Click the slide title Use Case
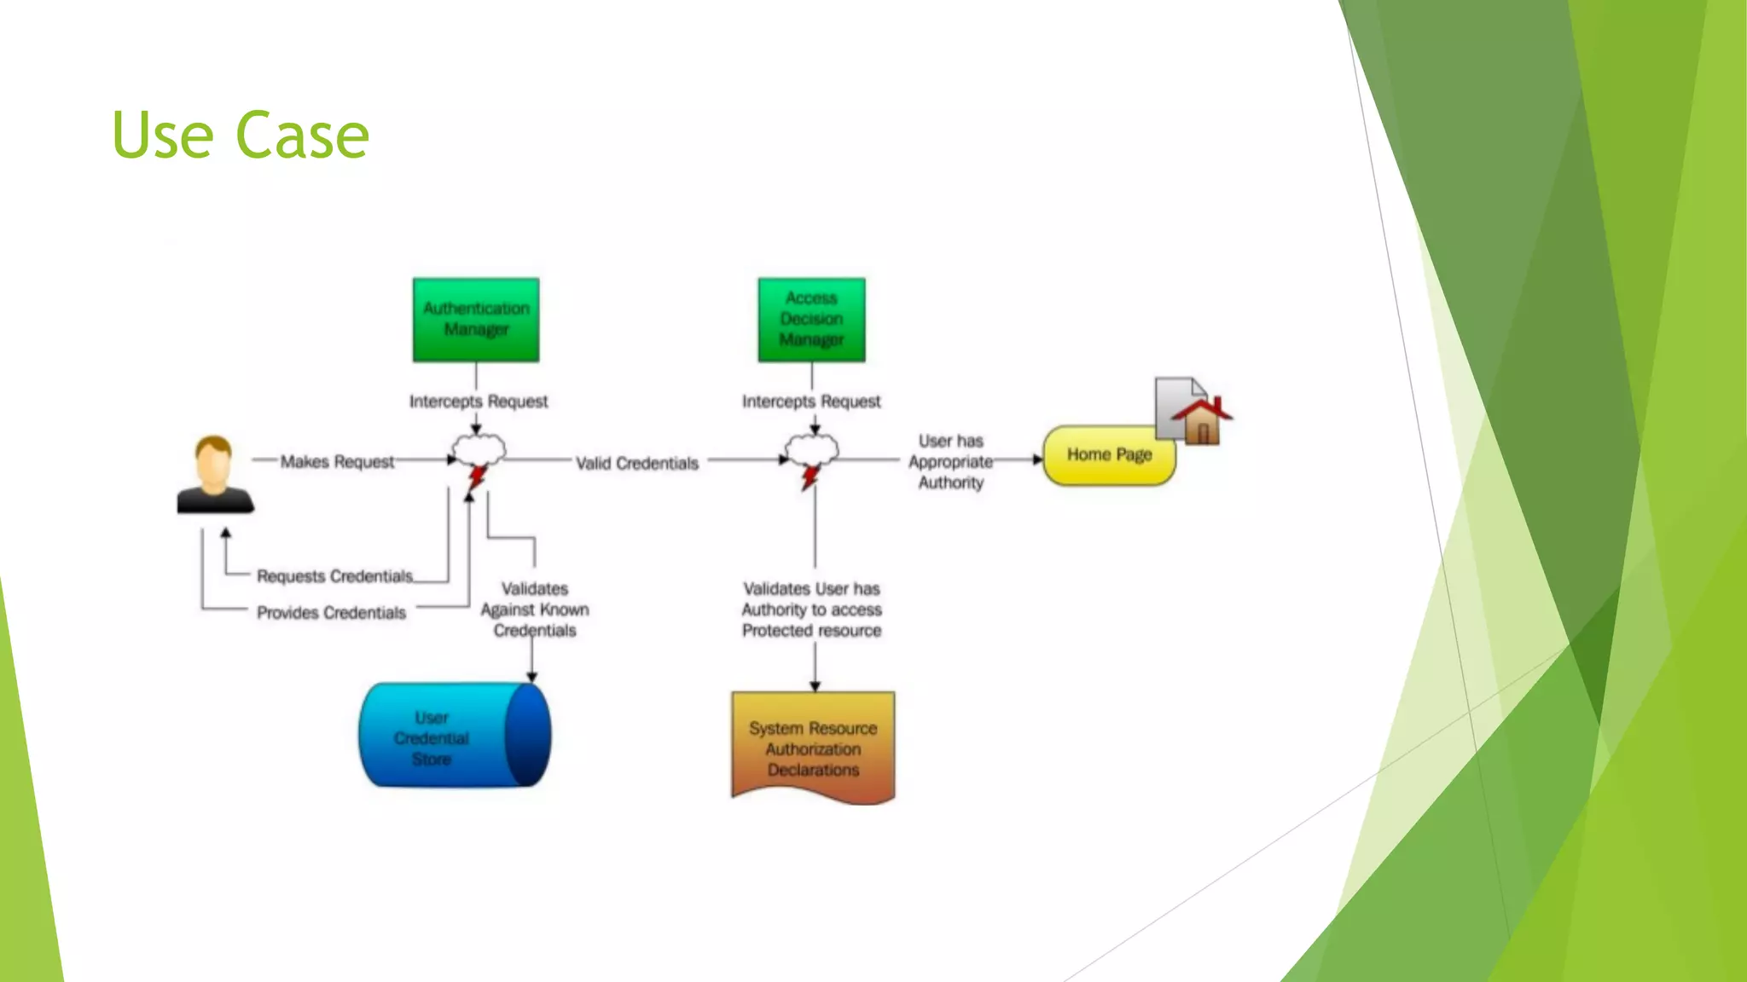click(241, 135)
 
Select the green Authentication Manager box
click(476, 320)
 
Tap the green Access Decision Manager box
click(811, 320)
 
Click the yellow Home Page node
click(1109, 455)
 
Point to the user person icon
click(214, 475)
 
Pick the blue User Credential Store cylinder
click(454, 735)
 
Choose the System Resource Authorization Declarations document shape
click(813, 748)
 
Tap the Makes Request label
click(337, 461)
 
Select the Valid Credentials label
click(637, 463)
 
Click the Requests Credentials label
click(334, 576)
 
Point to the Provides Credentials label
click(331, 613)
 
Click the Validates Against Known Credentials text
click(535, 609)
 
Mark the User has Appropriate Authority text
click(950, 461)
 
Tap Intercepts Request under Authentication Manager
click(479, 401)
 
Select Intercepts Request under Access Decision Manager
click(811, 401)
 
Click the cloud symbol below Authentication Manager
click(479, 450)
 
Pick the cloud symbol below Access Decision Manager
click(812, 450)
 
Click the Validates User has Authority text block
click(811, 609)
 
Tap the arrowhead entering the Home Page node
click(1037, 459)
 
